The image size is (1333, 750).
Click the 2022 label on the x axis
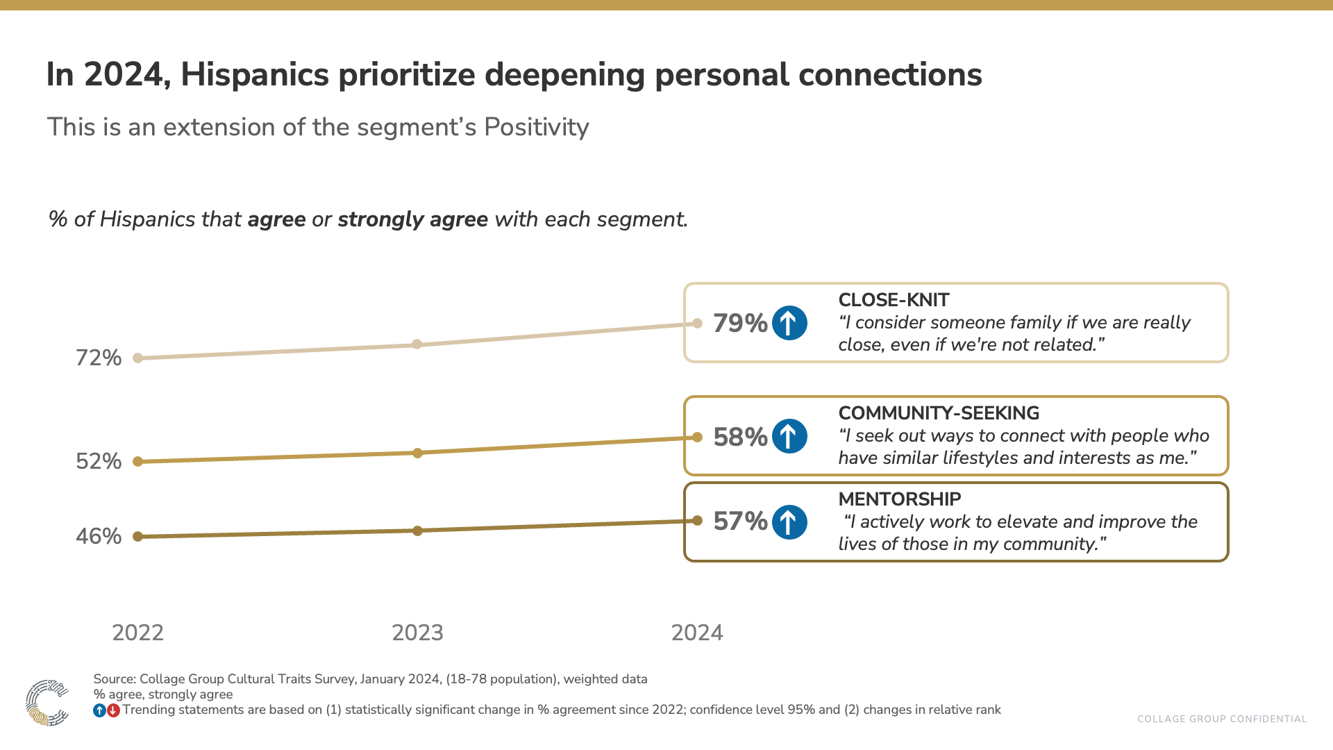(137, 633)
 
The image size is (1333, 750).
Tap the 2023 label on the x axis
(417, 633)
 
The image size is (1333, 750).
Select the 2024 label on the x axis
(697, 633)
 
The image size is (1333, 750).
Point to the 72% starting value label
(99, 358)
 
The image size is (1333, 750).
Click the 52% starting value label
(99, 461)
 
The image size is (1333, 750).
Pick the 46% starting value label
(99, 536)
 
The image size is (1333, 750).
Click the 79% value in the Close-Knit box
(740, 323)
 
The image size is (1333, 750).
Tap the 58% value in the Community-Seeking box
(740, 437)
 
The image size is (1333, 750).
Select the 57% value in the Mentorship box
(740, 522)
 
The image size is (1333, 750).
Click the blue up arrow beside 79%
(789, 323)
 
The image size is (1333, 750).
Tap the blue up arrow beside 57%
(789, 522)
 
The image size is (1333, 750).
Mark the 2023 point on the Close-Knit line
(417, 344)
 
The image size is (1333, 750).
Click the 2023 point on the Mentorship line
(417, 531)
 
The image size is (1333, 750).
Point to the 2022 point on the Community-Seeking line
(137, 461)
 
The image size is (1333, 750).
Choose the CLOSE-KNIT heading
(894, 300)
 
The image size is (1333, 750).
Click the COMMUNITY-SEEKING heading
(939, 413)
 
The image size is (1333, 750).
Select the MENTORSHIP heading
(900, 499)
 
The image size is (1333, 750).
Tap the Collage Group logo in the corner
(47, 703)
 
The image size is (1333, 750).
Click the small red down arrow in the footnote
(113, 710)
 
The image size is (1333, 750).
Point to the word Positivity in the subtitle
(537, 127)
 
